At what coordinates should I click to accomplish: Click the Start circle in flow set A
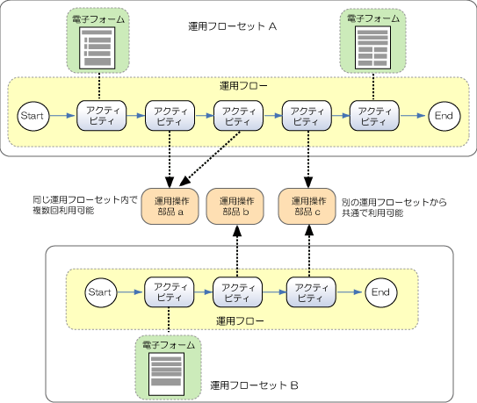coord(33,116)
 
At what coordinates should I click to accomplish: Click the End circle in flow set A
coord(444,116)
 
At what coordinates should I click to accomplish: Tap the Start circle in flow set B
coord(101,292)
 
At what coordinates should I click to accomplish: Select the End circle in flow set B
coord(381,292)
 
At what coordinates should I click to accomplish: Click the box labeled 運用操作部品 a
coord(170,206)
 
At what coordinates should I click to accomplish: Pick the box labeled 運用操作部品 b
coord(235,206)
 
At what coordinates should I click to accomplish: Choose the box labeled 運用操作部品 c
coord(307,206)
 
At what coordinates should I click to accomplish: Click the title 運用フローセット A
coord(233,26)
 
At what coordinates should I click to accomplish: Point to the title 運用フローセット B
coord(254,385)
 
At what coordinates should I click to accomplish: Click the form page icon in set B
coord(166,374)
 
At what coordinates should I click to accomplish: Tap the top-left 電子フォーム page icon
coord(98,48)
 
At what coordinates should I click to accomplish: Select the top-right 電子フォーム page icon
coord(372,47)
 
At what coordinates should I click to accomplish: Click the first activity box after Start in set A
coord(101,116)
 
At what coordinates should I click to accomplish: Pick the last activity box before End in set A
coord(374,116)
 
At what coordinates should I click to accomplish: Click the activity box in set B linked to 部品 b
coord(237,292)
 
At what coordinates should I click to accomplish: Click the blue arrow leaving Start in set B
coord(130,292)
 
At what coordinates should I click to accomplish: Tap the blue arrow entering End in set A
coord(413,116)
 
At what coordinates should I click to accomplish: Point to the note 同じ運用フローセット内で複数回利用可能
coord(85,205)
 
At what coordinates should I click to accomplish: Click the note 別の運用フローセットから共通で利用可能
coord(394,207)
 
